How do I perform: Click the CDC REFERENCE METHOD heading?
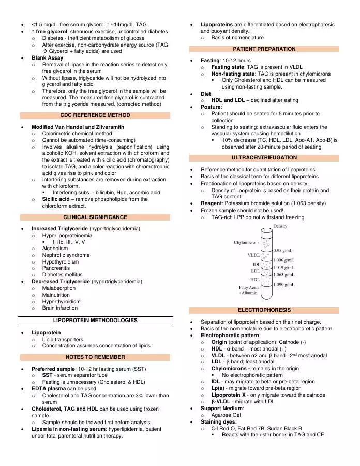tap(95, 115)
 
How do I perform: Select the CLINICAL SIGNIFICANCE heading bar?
tap(95, 217)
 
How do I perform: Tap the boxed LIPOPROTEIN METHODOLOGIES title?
tap(95, 321)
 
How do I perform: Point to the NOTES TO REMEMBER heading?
tap(95, 357)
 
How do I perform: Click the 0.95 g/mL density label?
tap(284, 250)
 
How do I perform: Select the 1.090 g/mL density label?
tap(284, 284)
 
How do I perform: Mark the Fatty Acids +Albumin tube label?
tap(249, 290)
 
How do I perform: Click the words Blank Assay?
tap(48, 58)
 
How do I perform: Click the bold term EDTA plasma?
tap(50, 388)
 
